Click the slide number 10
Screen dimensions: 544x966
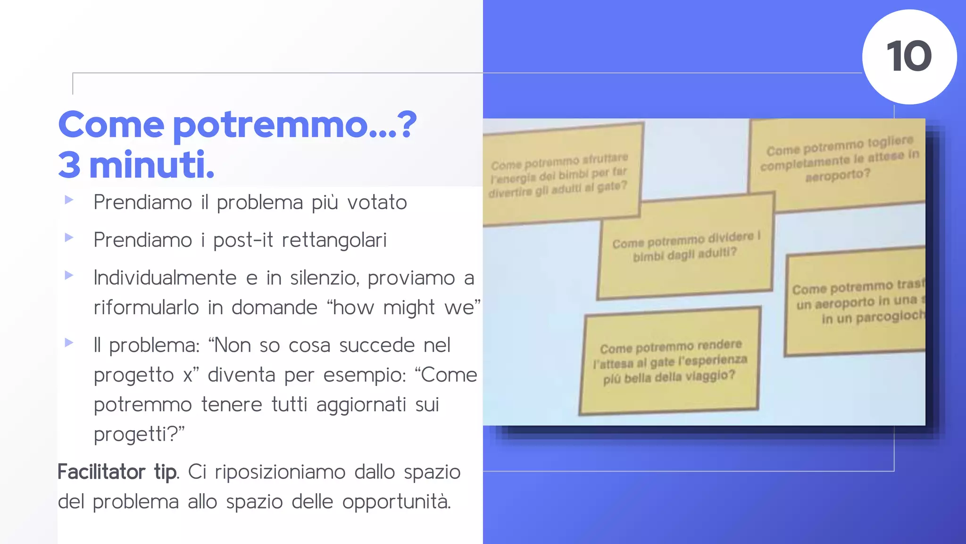pyautogui.click(x=909, y=57)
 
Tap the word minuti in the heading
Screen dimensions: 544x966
pyautogui.click(x=151, y=165)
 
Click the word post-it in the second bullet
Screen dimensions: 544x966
pyautogui.click(x=243, y=240)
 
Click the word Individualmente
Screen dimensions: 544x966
pyautogui.click(x=165, y=278)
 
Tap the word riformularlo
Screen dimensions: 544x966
pyautogui.click(x=146, y=308)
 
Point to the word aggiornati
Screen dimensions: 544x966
pyautogui.click(x=361, y=405)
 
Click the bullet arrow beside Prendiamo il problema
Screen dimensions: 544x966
pyautogui.click(x=69, y=200)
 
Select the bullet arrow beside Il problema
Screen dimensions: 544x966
pyautogui.click(x=69, y=342)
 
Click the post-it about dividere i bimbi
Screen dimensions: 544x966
pyautogui.click(x=685, y=246)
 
